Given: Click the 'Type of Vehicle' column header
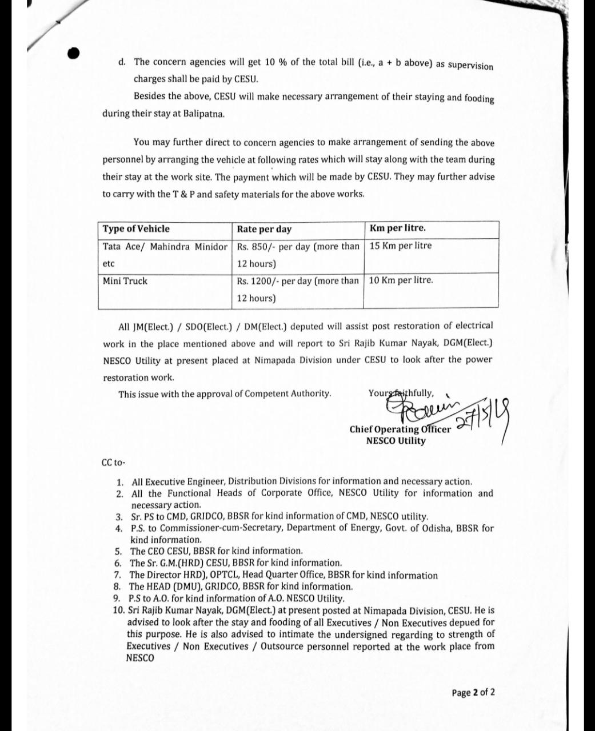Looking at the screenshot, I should point(136,229).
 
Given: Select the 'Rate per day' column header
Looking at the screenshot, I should point(264,230).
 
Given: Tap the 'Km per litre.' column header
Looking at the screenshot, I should point(398,228).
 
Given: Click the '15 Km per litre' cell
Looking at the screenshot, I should point(401,246).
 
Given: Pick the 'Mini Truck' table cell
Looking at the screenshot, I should point(125,281).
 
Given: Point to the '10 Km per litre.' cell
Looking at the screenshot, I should point(401,280).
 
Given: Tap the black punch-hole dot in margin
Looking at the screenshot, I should point(73,53).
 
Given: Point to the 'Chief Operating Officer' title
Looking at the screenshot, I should point(400,429).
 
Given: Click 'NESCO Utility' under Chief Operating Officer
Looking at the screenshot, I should point(396,441).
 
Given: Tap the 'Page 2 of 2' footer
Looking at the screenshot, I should point(473,693).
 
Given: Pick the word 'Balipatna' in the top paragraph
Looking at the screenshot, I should point(204,113).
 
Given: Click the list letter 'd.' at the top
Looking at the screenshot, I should point(122,62).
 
